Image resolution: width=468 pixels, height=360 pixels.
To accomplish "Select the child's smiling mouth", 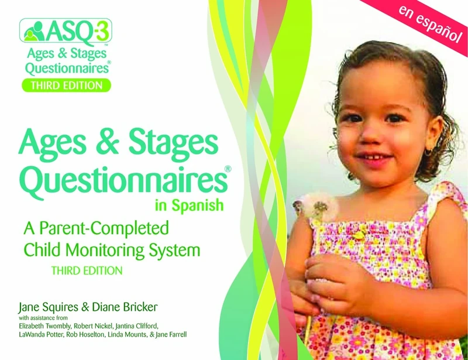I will (369, 158).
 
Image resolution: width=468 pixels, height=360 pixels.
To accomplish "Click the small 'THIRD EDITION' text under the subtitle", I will (86, 270).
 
